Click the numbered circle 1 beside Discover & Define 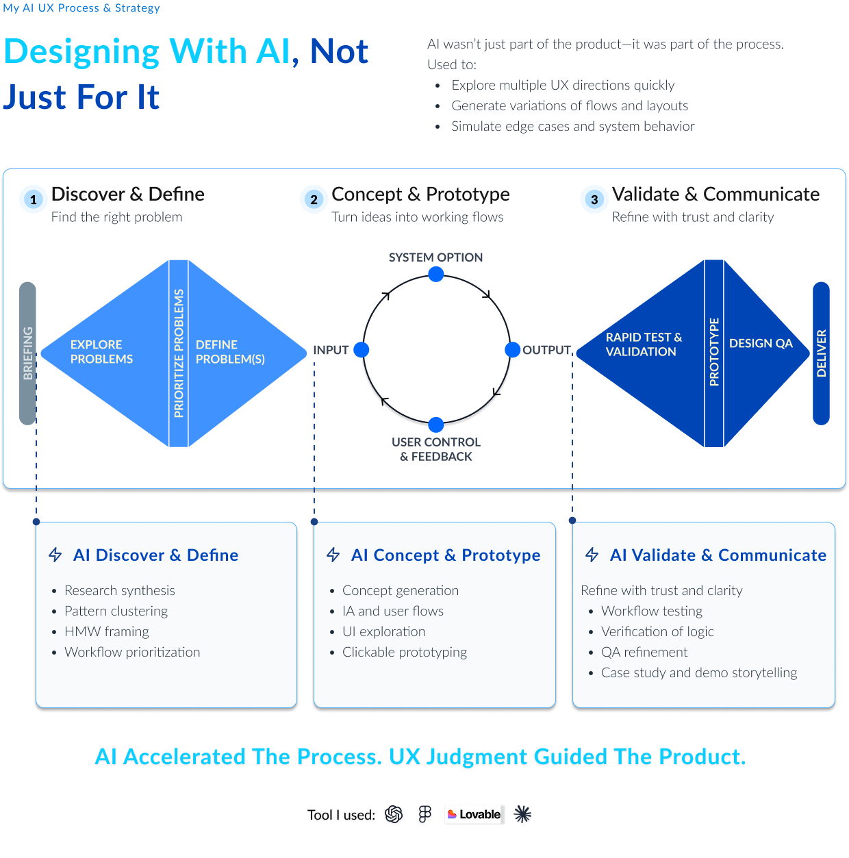pyautogui.click(x=34, y=199)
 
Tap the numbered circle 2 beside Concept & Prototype pyautogui.click(x=314, y=199)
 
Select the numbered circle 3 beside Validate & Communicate pyautogui.click(x=594, y=199)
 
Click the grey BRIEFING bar pyautogui.click(x=27, y=353)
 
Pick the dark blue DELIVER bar pyautogui.click(x=820, y=353)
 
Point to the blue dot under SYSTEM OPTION pyautogui.click(x=435, y=274)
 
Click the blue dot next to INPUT pyautogui.click(x=361, y=349)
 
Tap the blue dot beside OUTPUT pyautogui.click(x=512, y=349)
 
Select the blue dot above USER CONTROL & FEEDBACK pyautogui.click(x=435, y=425)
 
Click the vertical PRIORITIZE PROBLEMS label pyautogui.click(x=179, y=353)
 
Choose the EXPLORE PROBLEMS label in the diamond pyautogui.click(x=101, y=351)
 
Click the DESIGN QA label pyautogui.click(x=761, y=343)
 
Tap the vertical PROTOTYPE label pyautogui.click(x=713, y=351)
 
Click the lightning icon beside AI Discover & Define pyautogui.click(x=55, y=555)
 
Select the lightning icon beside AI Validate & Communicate pyautogui.click(x=592, y=555)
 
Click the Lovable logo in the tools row pyautogui.click(x=474, y=814)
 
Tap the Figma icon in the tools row pyautogui.click(x=424, y=814)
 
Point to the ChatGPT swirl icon pyautogui.click(x=394, y=814)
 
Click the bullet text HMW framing pyautogui.click(x=107, y=631)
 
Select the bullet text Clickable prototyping pyautogui.click(x=404, y=652)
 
